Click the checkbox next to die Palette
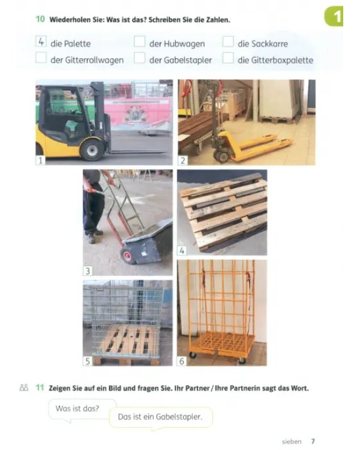pyautogui.click(x=41, y=41)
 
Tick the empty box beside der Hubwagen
pyautogui.click(x=140, y=41)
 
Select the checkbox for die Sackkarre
pyautogui.click(x=228, y=41)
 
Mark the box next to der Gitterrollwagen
pyautogui.click(x=41, y=58)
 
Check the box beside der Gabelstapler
pyautogui.click(x=140, y=58)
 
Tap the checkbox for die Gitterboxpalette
pyautogui.click(x=228, y=58)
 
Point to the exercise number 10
pyautogui.click(x=40, y=19)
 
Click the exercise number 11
pyautogui.click(x=40, y=388)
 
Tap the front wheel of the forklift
pyautogui.click(x=92, y=150)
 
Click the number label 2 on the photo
pyautogui.click(x=183, y=160)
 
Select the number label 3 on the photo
pyautogui.click(x=88, y=271)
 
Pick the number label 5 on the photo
pyautogui.click(x=88, y=361)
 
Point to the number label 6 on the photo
pyautogui.click(x=182, y=361)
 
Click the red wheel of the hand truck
pyautogui.click(x=127, y=255)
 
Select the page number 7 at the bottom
pyautogui.click(x=313, y=441)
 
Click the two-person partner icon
pyautogui.click(x=24, y=388)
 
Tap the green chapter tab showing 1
pyautogui.click(x=334, y=16)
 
